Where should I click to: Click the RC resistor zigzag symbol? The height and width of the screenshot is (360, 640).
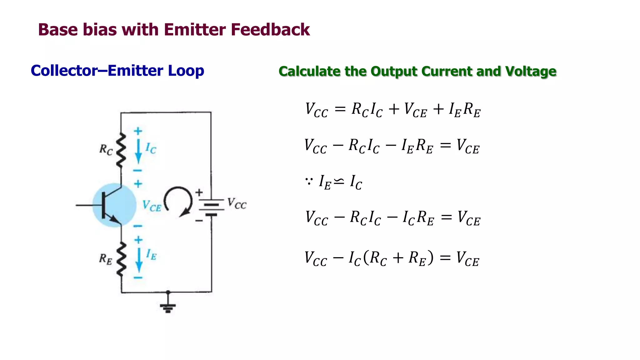(x=121, y=150)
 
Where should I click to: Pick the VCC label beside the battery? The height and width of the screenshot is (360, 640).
(x=237, y=203)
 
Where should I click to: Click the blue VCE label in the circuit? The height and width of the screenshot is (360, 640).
(x=152, y=206)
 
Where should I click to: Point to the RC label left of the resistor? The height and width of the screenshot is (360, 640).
(x=106, y=149)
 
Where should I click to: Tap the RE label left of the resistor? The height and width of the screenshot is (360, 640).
(x=105, y=259)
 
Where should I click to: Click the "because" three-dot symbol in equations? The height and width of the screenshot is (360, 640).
(x=309, y=181)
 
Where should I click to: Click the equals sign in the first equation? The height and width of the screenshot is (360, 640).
(x=340, y=109)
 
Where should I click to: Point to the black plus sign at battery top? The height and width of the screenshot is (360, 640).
(x=199, y=192)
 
